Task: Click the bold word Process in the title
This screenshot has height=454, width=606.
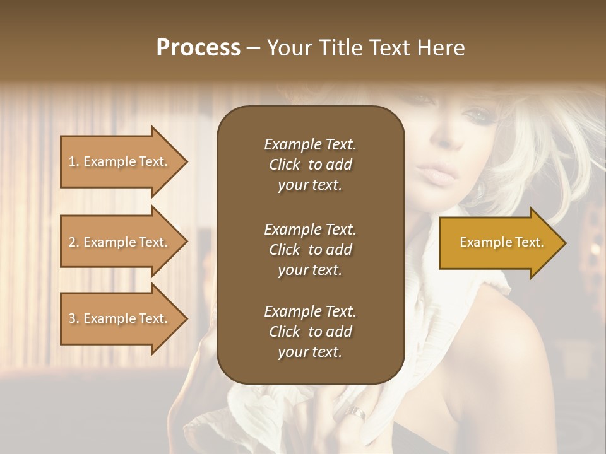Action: (198, 48)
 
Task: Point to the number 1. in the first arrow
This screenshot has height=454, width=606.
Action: (74, 161)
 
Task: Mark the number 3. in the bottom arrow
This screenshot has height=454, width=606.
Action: (74, 318)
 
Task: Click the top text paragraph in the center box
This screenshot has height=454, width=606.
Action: (310, 165)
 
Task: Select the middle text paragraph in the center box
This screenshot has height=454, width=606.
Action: (310, 249)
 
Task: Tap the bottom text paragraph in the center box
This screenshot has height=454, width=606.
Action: (310, 332)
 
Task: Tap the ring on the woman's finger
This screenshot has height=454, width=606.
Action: (356, 414)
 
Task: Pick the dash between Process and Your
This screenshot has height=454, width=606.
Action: (253, 49)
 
